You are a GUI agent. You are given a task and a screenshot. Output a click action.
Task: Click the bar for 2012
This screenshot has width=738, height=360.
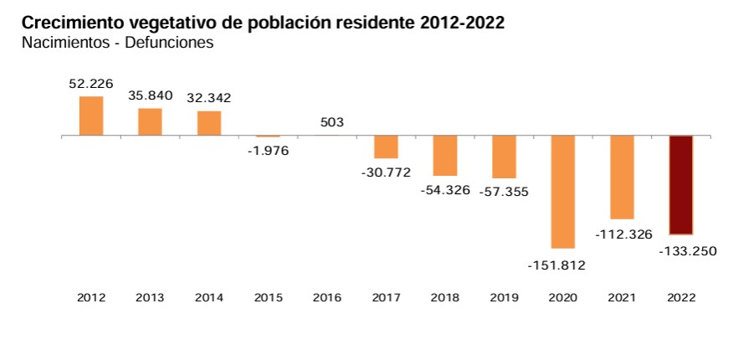91,116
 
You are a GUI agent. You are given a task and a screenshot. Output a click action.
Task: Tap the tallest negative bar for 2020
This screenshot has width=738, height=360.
562,192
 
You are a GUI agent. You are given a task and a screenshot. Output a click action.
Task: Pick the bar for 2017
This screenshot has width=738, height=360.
386,147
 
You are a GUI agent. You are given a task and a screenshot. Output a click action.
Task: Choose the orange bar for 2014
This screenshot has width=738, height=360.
209,123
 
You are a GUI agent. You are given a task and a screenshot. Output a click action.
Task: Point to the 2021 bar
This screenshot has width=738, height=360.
622,177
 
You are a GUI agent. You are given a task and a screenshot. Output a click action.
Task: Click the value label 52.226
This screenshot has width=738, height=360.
91,84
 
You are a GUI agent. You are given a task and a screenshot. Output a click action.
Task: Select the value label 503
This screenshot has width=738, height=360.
332,122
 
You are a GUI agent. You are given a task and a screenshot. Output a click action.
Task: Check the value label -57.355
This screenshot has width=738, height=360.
504,192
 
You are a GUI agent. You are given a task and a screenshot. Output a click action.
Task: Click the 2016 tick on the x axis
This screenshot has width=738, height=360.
327,297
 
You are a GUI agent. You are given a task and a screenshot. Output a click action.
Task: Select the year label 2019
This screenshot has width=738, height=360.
504,297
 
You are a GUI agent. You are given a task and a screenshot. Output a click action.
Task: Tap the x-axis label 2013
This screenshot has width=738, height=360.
151,297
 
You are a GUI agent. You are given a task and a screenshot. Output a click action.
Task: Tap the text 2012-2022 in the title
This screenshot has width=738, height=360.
464,23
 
